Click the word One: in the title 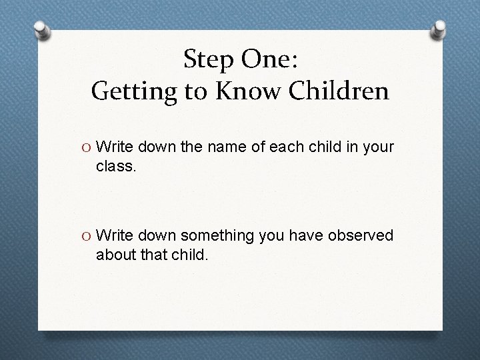(272, 60)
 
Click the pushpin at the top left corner (41, 30)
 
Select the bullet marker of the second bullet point (87, 236)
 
